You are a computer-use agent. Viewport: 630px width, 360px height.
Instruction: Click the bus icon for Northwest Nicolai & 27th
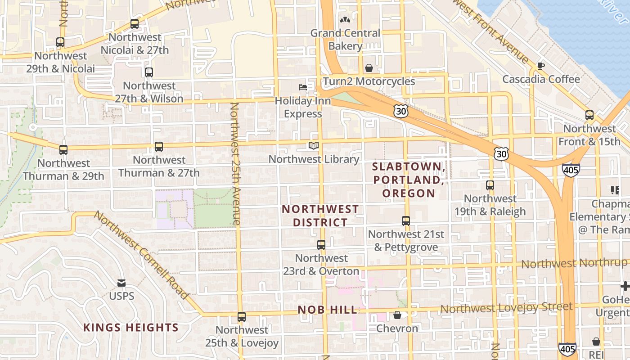134,24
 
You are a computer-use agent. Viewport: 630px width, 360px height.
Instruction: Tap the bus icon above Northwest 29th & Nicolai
60,42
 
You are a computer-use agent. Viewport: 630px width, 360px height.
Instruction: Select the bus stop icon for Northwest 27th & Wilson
149,72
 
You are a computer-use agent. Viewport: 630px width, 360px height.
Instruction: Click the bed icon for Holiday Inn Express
303,87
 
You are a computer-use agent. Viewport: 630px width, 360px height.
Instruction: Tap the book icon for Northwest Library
314,145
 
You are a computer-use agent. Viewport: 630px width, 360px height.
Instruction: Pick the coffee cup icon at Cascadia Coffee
540,66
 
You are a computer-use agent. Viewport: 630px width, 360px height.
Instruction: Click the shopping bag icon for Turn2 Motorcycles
369,68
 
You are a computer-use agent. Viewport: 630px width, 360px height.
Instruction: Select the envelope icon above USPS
121,283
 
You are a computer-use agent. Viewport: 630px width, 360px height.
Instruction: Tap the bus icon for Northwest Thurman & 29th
63,149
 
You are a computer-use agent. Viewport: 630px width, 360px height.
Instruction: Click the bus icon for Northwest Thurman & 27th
159,146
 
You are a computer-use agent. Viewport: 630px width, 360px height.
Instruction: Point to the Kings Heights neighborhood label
131,328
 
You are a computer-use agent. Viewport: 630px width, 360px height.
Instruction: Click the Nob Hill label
328,310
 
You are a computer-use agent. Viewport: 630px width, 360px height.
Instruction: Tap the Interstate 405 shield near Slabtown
570,169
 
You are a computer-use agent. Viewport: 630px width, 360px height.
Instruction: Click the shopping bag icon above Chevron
397,315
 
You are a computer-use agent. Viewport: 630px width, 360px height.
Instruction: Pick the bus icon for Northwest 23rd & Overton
321,245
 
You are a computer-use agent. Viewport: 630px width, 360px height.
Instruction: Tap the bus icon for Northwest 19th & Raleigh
490,185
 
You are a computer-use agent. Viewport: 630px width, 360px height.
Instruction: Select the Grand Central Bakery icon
345,20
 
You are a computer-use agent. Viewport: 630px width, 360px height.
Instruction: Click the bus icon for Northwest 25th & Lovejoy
242,316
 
